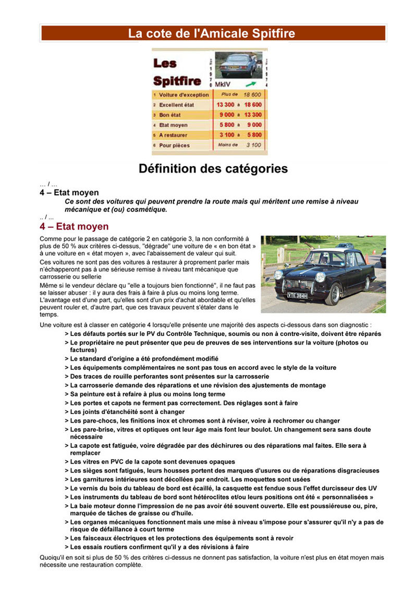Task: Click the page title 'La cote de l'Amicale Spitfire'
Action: (x=212, y=34)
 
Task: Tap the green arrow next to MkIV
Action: (x=251, y=83)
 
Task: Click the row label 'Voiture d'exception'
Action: (x=183, y=95)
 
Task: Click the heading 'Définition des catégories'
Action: (x=213, y=169)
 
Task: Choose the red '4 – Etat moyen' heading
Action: (x=74, y=227)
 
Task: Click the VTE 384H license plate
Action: (x=297, y=295)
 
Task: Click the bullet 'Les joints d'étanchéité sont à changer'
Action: (x=127, y=412)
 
